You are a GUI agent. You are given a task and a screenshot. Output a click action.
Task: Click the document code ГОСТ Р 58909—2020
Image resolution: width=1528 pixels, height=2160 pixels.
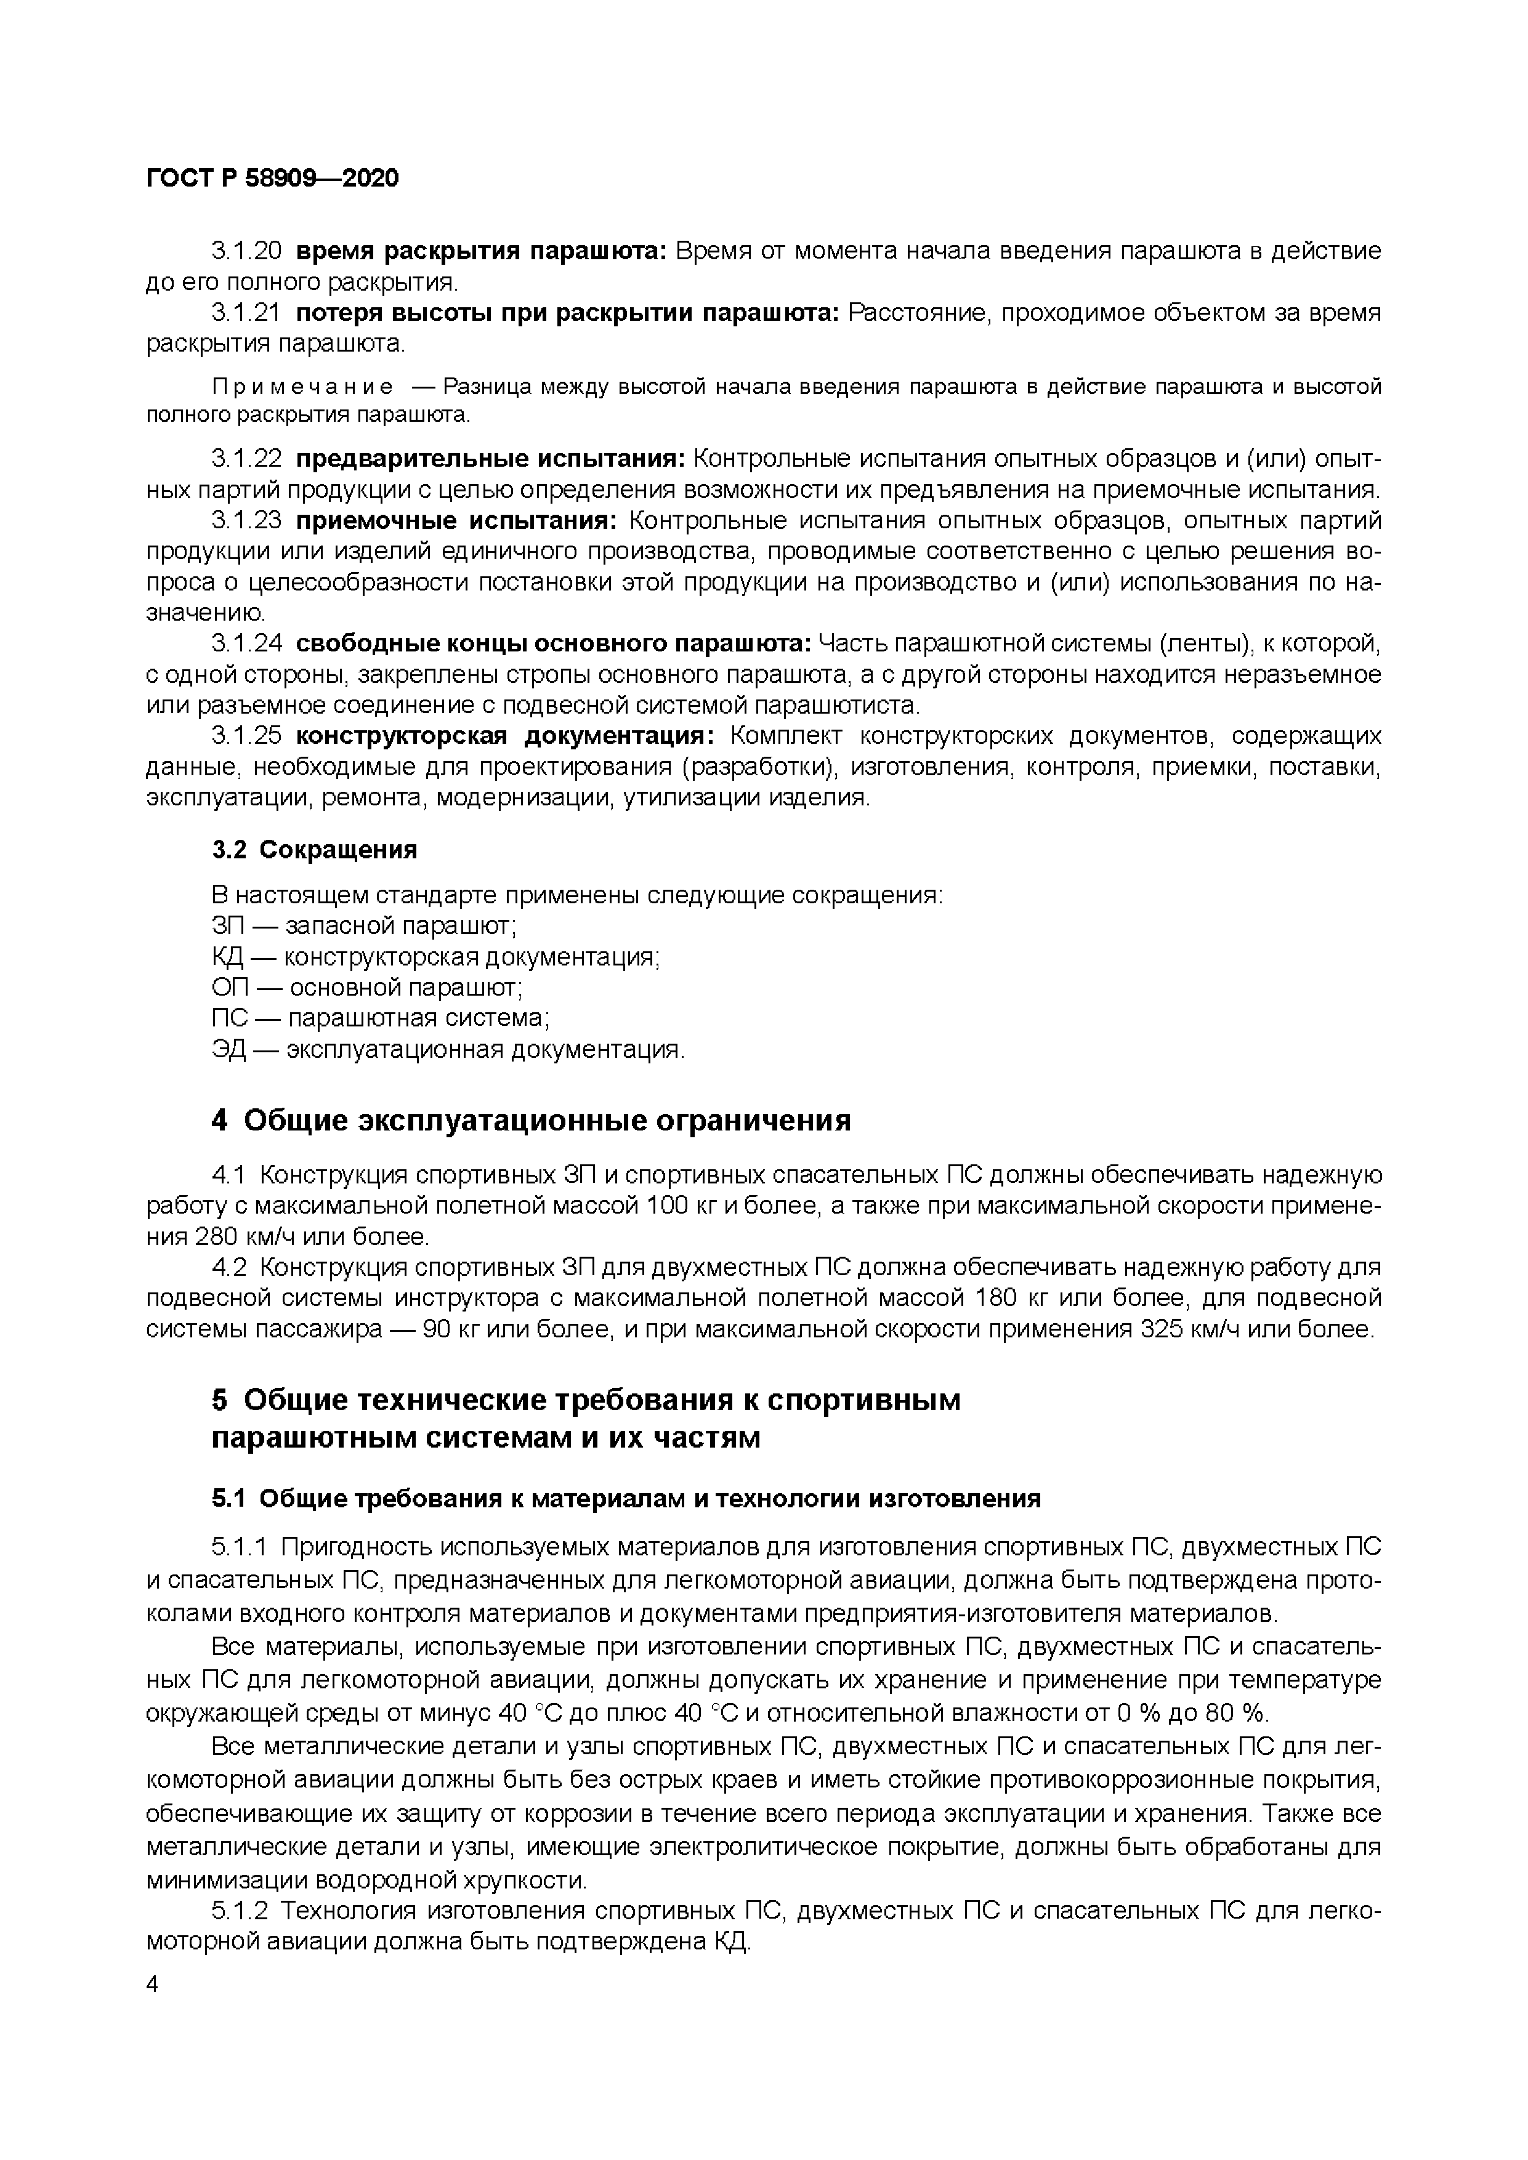[x=273, y=177]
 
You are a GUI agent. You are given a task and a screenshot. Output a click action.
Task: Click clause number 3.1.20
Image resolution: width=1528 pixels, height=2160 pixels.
[x=246, y=251]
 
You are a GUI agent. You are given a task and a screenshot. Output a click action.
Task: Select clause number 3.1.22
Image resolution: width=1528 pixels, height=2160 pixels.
[x=246, y=459]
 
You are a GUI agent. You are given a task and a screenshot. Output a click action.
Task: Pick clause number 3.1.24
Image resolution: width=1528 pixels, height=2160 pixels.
[x=246, y=645]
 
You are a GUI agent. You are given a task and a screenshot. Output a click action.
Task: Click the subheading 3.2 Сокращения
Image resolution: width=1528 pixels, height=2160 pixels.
[x=314, y=850]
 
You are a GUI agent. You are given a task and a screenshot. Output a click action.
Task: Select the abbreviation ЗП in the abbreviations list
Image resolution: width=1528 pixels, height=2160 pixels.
[x=227, y=927]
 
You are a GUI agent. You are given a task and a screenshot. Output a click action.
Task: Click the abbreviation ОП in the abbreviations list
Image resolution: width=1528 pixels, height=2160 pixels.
[x=228, y=988]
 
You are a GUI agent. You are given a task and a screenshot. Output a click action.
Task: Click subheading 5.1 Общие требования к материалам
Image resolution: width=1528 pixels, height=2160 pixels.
[x=626, y=1499]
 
